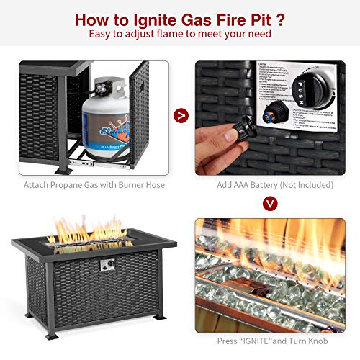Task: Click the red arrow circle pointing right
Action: click(x=181, y=112)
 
